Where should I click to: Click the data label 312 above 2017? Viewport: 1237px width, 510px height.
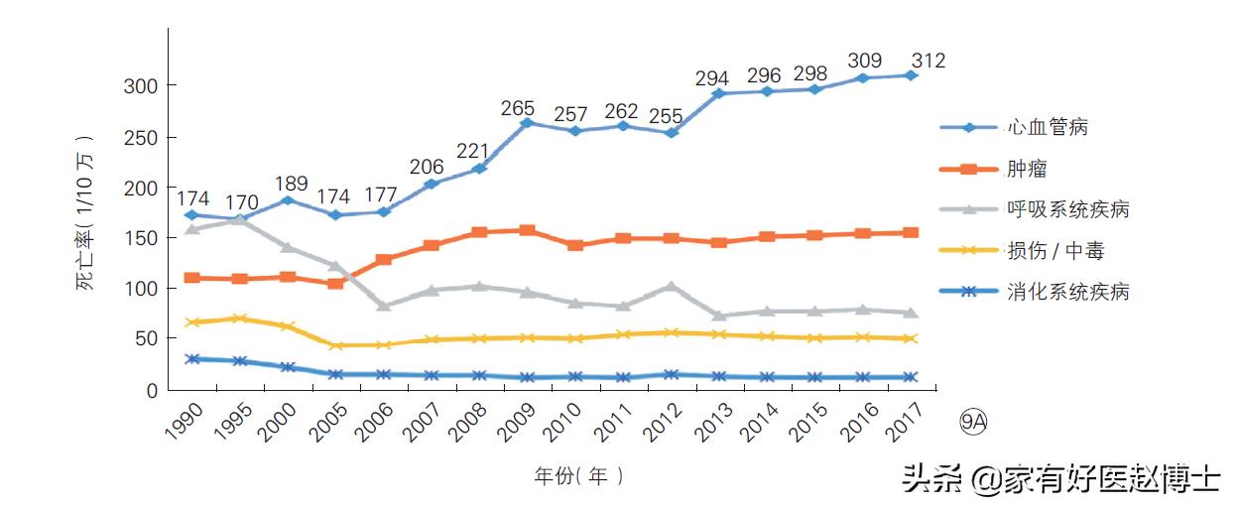(927, 62)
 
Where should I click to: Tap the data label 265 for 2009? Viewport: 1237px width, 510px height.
(518, 108)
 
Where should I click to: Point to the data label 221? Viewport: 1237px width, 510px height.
(473, 152)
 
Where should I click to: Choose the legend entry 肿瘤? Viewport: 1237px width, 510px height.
(1027, 169)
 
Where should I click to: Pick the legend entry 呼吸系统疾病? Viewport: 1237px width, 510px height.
(1067, 209)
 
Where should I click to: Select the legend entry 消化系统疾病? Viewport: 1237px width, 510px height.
(1067, 292)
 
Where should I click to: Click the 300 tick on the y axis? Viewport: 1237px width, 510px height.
(140, 86)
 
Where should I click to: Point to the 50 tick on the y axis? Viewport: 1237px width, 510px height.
(145, 339)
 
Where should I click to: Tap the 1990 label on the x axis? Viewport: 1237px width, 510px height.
(182, 421)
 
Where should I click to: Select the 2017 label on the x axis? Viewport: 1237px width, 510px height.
(906, 421)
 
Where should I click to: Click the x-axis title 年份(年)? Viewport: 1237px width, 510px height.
(579, 476)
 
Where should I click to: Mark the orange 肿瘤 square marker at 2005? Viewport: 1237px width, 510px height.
(335, 284)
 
